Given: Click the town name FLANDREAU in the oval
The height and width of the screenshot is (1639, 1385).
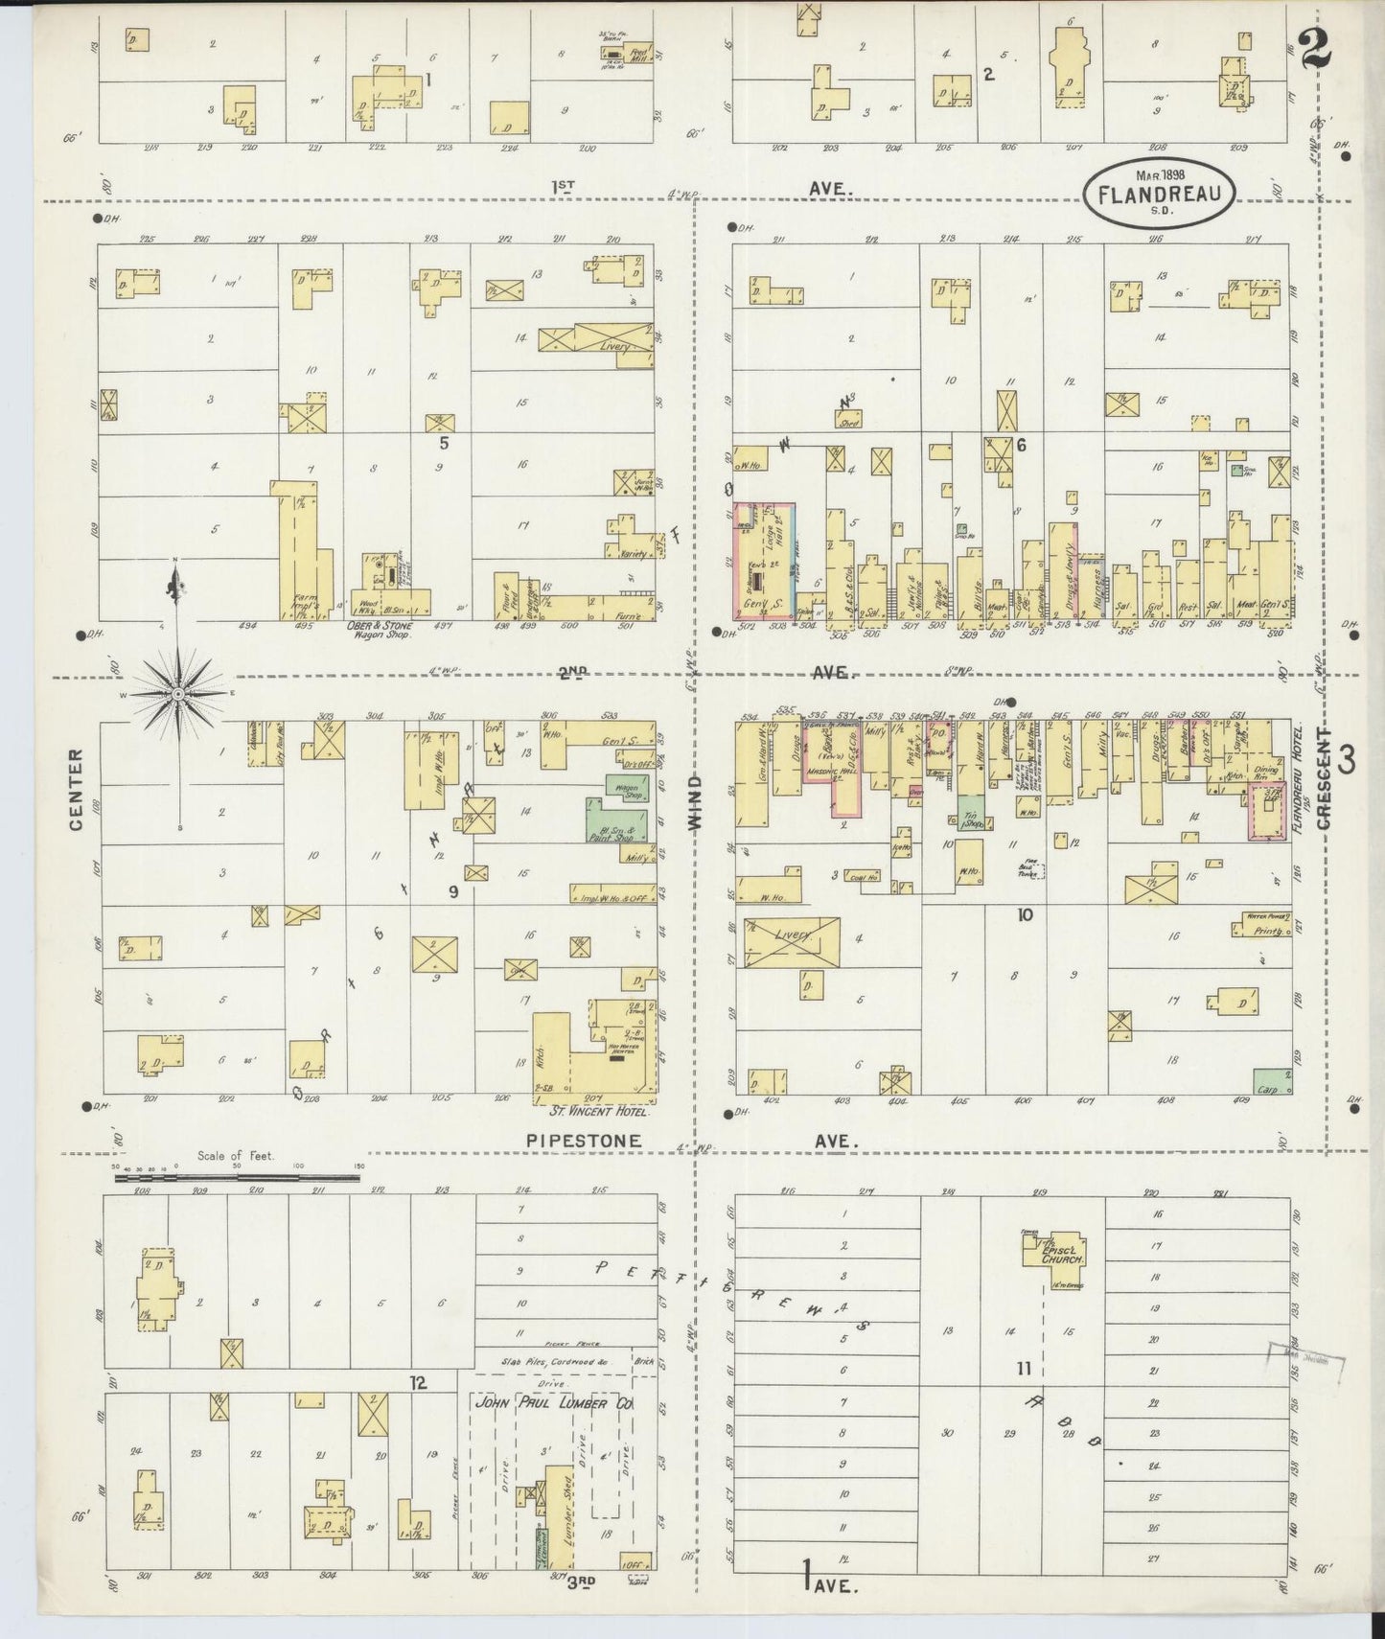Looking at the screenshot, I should pyautogui.click(x=1160, y=195).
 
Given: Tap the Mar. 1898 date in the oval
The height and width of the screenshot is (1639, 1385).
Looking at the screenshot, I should pyautogui.click(x=1160, y=175).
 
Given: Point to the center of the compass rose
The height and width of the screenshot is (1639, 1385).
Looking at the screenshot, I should pyautogui.click(x=177, y=692).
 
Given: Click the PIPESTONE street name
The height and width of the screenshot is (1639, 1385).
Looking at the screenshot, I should pyautogui.click(x=580, y=1141).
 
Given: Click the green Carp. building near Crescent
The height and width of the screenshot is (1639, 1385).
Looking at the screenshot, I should pyautogui.click(x=1271, y=1081).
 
